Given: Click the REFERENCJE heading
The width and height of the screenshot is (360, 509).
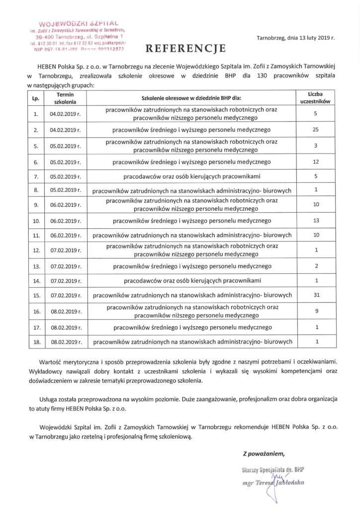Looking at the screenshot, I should point(185,48).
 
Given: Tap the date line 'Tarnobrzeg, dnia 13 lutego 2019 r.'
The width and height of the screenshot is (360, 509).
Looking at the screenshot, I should point(296,38).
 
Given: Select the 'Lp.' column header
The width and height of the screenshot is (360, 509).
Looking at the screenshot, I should point(36,98).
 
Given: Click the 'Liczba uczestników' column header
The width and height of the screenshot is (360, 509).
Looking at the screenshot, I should point(316,98).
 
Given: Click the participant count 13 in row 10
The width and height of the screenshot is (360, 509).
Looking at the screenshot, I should point(316,220).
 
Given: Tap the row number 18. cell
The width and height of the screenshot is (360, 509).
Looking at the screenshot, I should point(36,342).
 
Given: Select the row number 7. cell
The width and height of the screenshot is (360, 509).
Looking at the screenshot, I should point(36,176).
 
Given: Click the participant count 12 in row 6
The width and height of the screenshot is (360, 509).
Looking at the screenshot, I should point(316,162).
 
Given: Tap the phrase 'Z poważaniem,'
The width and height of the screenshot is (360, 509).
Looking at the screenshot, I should point(264,453).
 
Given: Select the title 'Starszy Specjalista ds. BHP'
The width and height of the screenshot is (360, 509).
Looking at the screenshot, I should point(271,469).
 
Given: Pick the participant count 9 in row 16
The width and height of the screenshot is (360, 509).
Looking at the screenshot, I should point(316,311).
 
